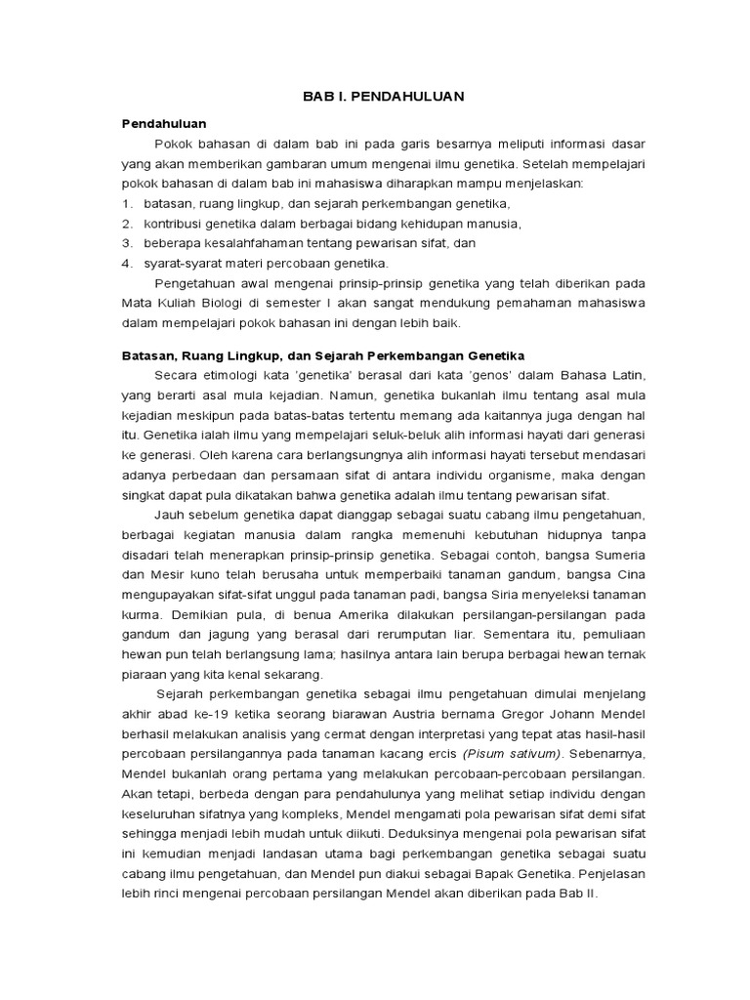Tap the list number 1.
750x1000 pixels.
(126, 203)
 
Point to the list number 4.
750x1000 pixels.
(126, 263)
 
